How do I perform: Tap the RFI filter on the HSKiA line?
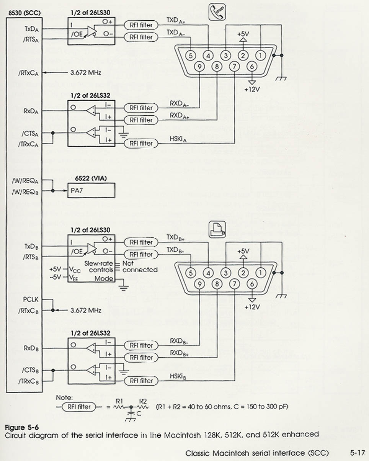tap(141, 143)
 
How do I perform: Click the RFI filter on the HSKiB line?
tap(141, 381)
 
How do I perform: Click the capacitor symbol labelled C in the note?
tap(132, 414)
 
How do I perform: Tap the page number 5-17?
tap(358, 453)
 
